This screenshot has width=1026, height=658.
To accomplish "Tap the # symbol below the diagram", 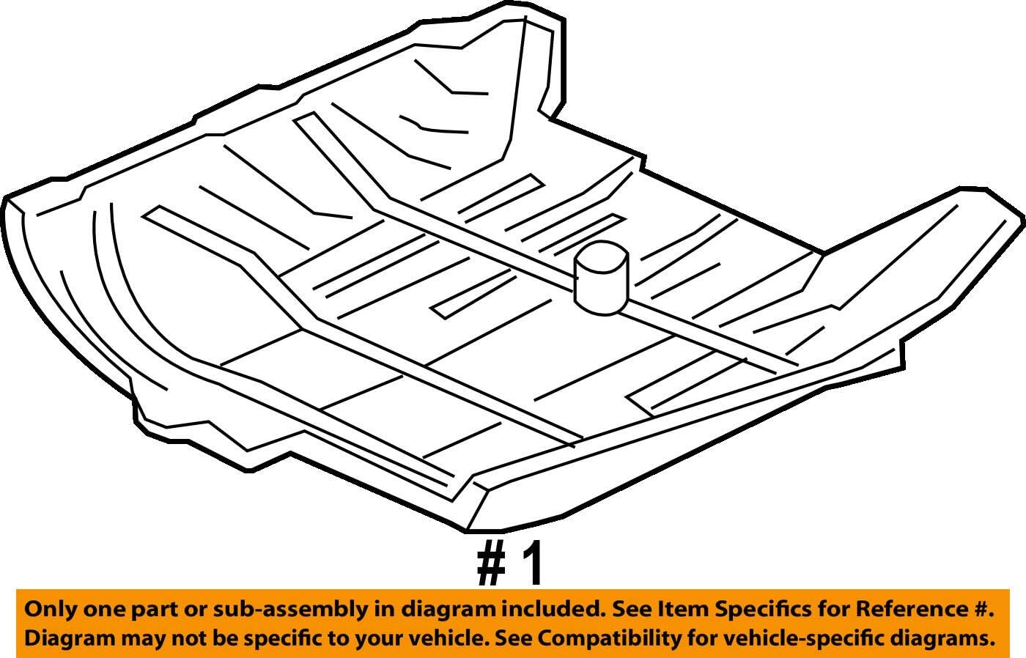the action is [x=491, y=563].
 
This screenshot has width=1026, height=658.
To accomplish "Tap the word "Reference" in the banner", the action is [x=906, y=609].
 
